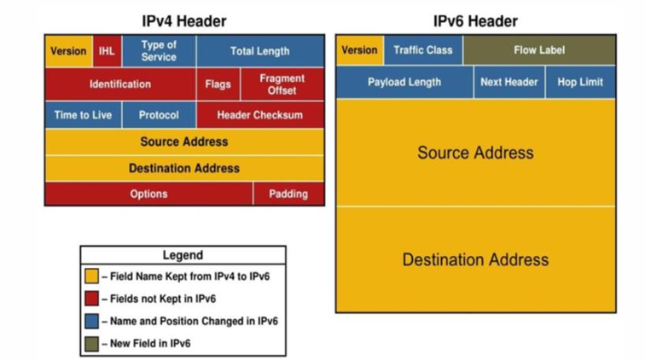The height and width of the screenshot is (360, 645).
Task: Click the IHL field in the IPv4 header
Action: coord(107,51)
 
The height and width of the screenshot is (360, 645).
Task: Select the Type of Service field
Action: coord(159,51)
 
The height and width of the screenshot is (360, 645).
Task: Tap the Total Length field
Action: coord(259,51)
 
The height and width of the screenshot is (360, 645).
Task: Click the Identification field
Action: coord(120,84)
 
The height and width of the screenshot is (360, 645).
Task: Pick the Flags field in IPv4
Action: coord(218,84)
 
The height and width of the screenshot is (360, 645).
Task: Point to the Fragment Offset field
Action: coord(282,84)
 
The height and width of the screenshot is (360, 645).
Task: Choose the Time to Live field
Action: coord(83,115)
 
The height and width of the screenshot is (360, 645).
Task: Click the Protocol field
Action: coord(159,115)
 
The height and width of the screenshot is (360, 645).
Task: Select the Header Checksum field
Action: coord(259,115)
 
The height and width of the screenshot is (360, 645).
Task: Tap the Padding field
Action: coord(288,194)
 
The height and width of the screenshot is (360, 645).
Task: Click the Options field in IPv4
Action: coord(148,194)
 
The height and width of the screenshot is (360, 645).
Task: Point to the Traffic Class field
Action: coord(423,50)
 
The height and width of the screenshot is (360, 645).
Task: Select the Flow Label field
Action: coord(539,50)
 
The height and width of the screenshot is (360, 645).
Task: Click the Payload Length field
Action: coord(404,83)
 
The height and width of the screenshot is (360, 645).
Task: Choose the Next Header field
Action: coord(509,83)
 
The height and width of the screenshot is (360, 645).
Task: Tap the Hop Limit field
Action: coord(580,83)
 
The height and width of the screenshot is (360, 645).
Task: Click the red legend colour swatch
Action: coord(93,299)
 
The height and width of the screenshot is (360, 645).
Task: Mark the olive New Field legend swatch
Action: coord(93,343)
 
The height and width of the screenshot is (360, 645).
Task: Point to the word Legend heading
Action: coord(183,255)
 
